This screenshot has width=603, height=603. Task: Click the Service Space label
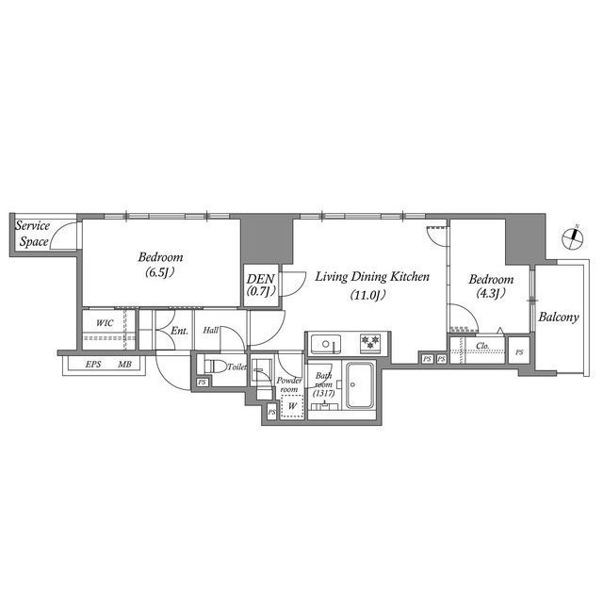(35, 235)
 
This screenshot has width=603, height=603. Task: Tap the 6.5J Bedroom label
(160, 265)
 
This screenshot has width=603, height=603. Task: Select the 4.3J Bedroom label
(490, 286)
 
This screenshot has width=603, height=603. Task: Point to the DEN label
(261, 285)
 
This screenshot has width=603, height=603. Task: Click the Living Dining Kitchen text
(372, 277)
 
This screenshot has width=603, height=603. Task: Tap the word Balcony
(558, 318)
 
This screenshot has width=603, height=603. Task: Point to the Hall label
(210, 331)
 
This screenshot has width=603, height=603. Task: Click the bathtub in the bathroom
(362, 386)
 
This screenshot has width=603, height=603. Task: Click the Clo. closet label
(481, 346)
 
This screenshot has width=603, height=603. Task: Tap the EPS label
(93, 364)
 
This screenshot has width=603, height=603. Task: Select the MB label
(124, 364)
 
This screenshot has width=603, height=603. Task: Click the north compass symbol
(571, 238)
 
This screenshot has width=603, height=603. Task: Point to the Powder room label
(288, 384)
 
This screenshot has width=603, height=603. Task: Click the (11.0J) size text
(372, 295)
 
